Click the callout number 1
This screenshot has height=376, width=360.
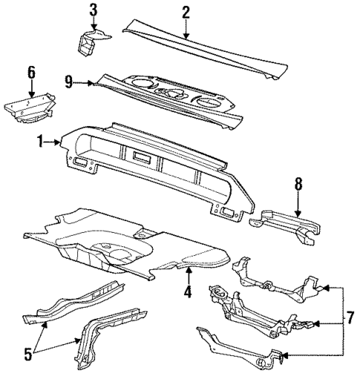(44, 139)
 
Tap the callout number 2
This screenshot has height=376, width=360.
(186, 12)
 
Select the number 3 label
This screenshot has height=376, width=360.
(93, 10)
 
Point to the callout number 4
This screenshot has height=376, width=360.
(188, 292)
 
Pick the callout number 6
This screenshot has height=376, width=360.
(30, 72)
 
